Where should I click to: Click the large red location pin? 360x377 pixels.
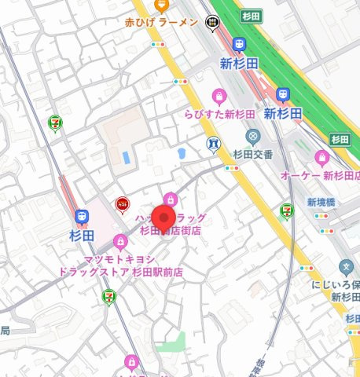163,219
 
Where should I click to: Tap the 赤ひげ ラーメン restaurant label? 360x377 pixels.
161,24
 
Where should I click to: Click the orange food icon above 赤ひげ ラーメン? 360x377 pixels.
161,5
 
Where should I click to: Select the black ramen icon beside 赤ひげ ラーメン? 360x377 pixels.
212,24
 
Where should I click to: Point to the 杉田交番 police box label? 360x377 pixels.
252,154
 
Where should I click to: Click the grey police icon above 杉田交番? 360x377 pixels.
252,137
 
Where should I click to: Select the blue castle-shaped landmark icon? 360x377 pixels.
213,145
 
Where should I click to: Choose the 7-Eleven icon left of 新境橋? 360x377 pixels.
288,210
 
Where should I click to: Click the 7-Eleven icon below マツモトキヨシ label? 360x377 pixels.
108,296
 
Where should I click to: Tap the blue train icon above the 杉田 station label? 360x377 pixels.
81,217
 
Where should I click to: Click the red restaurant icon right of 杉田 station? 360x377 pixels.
121,204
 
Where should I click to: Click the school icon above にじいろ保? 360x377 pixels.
347,269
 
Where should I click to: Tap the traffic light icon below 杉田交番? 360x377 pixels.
233,167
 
